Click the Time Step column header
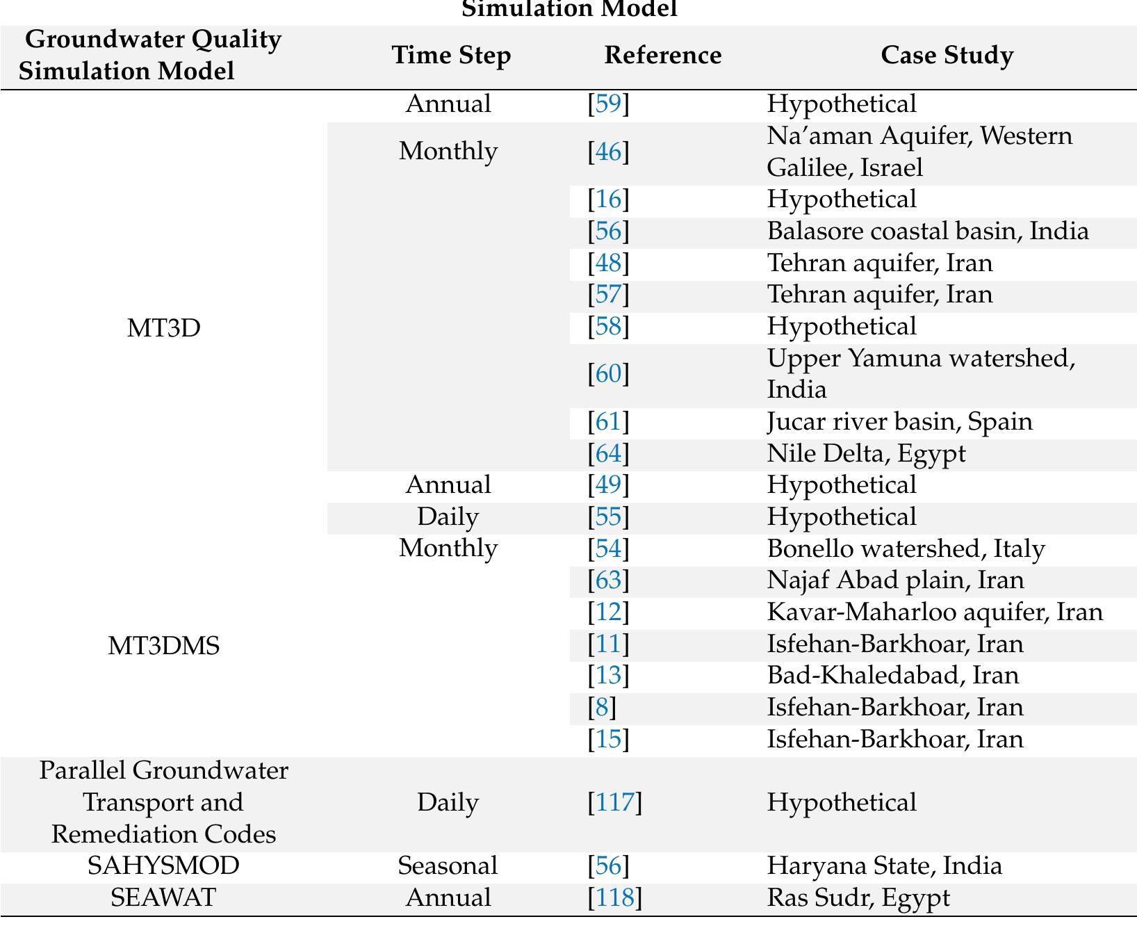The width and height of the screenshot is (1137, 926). pos(451,56)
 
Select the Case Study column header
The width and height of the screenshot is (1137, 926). pos(947,56)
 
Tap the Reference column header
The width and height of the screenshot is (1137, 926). pos(662,56)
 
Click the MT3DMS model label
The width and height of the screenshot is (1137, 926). pos(163,646)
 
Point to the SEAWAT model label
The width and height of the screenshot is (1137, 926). pos(163,897)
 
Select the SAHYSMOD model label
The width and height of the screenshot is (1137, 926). pos(163,866)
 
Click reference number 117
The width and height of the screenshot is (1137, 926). pos(615,802)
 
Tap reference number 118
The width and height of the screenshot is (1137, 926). pos(615,897)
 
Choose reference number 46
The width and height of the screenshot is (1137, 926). pos(608,152)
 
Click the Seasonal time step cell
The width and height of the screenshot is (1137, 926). pos(448,866)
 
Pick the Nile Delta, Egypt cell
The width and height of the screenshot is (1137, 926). pos(866,453)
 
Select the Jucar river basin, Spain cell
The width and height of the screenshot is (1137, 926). pos(899,421)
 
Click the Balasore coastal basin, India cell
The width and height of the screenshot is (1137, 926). pos(927,231)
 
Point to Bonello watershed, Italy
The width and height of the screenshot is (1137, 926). pos(906,549)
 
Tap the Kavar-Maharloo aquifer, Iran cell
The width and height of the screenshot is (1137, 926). pos(934,612)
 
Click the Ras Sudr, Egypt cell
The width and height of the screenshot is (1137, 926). pos(858,897)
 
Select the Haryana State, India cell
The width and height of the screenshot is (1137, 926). pos(884,866)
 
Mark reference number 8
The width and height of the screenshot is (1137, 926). pos(602,707)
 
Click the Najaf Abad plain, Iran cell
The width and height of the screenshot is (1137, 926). pos(895,580)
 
